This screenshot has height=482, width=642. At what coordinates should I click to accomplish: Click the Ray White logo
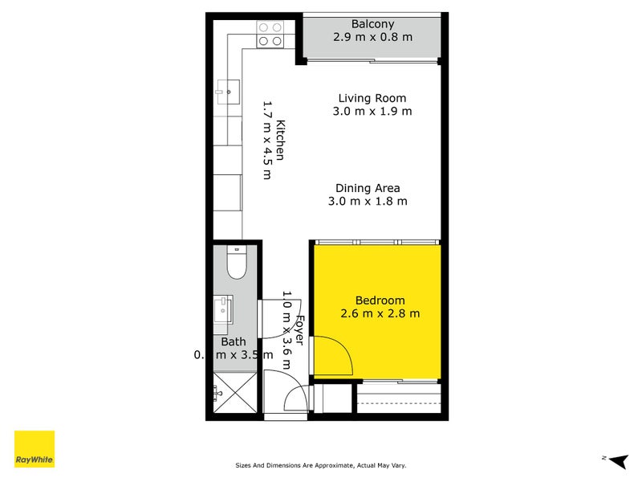35,449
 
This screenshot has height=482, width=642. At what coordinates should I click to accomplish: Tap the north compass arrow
616,460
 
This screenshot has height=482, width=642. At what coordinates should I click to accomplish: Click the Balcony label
373,24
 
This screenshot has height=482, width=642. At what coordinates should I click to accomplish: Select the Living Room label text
372,98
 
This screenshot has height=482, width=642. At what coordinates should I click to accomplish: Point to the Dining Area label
368,188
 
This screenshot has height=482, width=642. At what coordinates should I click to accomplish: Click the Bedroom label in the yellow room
380,300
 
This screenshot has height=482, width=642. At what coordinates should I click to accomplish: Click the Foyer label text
299,329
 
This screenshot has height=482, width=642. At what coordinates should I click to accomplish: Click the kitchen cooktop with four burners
269,33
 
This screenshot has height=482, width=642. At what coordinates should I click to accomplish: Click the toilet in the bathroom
237,262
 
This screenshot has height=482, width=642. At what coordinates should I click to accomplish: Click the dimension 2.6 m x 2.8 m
380,313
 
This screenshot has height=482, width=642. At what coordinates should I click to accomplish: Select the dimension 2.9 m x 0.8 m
373,37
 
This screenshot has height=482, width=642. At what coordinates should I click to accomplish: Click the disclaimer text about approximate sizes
326,465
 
